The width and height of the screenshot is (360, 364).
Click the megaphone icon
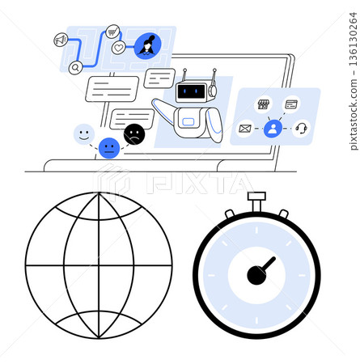pyautogui.click(x=61, y=40)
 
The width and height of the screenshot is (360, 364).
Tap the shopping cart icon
pyautogui.click(x=112, y=32)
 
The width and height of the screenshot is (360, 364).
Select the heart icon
pyautogui.click(x=119, y=48)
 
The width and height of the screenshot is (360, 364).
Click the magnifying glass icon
pyautogui.click(x=76, y=68)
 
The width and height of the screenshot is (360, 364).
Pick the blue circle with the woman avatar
pyautogui.click(x=147, y=46)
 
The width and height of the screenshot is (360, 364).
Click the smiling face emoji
pyautogui.click(x=84, y=134)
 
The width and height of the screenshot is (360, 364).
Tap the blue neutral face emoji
pyautogui.click(x=109, y=148)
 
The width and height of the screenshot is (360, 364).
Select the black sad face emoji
pyautogui.click(x=134, y=134)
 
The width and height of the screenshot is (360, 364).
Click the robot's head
pyautogui.click(x=192, y=91)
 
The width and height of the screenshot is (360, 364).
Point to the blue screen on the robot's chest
pyautogui.click(x=188, y=122)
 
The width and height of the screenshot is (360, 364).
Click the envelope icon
pyautogui.click(x=245, y=129)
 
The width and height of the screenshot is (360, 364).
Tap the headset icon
pyautogui.click(x=301, y=129)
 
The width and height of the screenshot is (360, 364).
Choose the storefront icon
pyautogui.click(x=263, y=104)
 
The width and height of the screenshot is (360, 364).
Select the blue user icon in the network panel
pyautogui.click(x=273, y=129)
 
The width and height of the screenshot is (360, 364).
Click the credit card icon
pyautogui.click(x=291, y=104)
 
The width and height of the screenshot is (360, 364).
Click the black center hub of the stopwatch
pyautogui.click(x=256, y=275)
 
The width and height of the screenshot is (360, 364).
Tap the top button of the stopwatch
pyautogui.click(x=257, y=197)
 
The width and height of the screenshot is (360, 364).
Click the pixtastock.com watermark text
pyautogui.click(x=354, y=81)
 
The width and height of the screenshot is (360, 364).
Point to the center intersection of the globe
pyautogui.click(x=99, y=265)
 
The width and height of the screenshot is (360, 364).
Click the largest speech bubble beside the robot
pyautogui.click(x=112, y=89)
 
